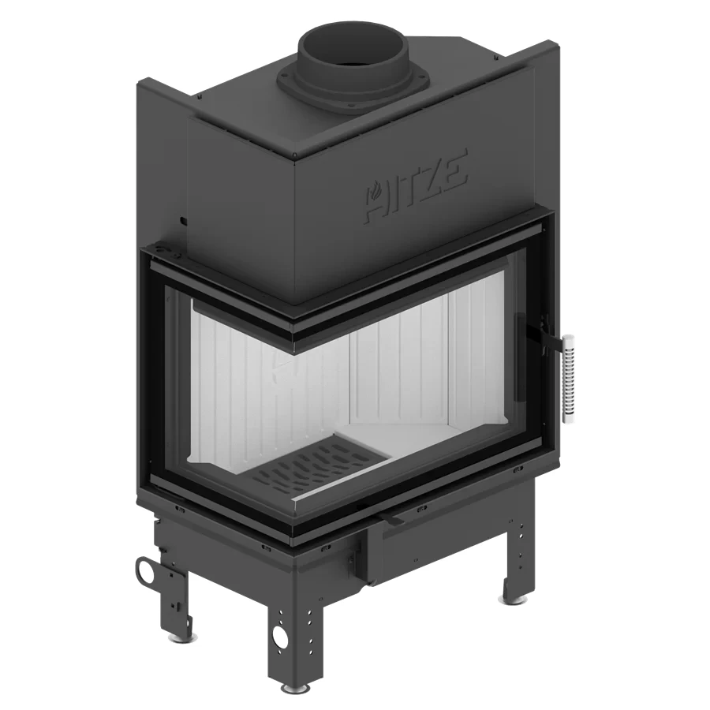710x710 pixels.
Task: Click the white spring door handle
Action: (x=568, y=379)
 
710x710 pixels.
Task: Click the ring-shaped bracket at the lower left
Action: (x=147, y=570)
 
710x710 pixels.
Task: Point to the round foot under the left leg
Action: (x=174, y=637)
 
